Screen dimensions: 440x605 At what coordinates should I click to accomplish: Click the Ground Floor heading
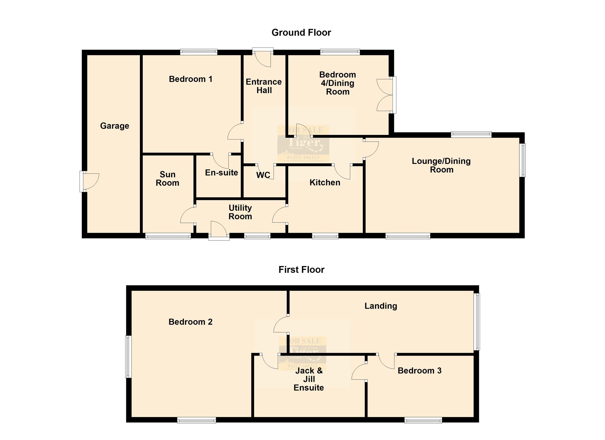tap(301, 33)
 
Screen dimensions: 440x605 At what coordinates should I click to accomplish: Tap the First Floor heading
tap(301, 270)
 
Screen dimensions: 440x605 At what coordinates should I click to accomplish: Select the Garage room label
tap(114, 126)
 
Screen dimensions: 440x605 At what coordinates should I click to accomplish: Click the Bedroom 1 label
tap(191, 79)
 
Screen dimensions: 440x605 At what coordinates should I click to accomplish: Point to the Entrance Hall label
tap(264, 86)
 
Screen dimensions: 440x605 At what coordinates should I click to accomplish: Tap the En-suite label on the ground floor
tap(221, 173)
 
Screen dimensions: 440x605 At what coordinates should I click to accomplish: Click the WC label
tap(263, 175)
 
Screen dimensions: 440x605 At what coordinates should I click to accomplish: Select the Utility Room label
tap(240, 212)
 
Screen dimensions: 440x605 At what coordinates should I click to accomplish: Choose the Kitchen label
tap(325, 183)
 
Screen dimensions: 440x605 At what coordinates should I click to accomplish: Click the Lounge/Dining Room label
tap(441, 165)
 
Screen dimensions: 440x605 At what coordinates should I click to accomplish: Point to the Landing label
tap(381, 306)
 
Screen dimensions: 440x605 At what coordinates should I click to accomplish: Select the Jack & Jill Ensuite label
tap(309, 379)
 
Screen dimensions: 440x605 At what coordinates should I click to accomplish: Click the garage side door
tap(90, 182)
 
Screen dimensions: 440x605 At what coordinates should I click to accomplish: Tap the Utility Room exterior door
tap(219, 230)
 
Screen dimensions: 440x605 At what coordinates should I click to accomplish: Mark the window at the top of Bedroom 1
tap(199, 52)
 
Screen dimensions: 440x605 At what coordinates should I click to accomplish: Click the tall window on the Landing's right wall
tap(477, 321)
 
